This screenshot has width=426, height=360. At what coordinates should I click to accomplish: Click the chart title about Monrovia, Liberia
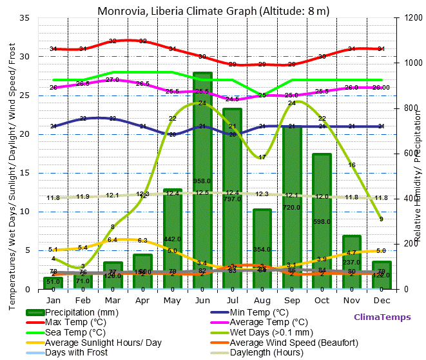click(x=213, y=11)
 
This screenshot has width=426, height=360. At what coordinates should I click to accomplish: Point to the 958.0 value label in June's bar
click(x=202, y=181)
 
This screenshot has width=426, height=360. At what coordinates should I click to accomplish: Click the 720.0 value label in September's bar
click(x=292, y=208)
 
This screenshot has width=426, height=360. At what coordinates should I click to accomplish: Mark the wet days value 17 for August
click(x=262, y=157)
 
